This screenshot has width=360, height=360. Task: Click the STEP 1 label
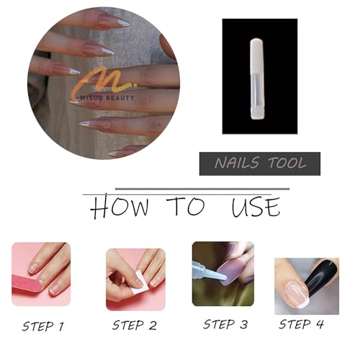(x=43, y=326)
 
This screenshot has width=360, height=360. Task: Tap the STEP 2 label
(x=135, y=325)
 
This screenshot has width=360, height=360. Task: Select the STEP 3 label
(x=225, y=324)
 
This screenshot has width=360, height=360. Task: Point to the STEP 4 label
(x=301, y=324)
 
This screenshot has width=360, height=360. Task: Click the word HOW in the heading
(x=120, y=207)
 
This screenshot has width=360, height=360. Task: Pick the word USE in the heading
(x=256, y=207)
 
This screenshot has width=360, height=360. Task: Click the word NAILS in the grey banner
(x=237, y=163)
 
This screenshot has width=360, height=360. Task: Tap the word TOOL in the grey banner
(x=287, y=163)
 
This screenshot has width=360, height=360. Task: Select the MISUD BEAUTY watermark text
(x=107, y=98)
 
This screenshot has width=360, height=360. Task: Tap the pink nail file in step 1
(x=27, y=287)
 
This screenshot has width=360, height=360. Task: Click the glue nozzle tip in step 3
(x=225, y=278)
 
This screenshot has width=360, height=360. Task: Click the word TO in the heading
(x=186, y=206)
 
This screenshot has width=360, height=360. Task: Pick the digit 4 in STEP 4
(x=320, y=324)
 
